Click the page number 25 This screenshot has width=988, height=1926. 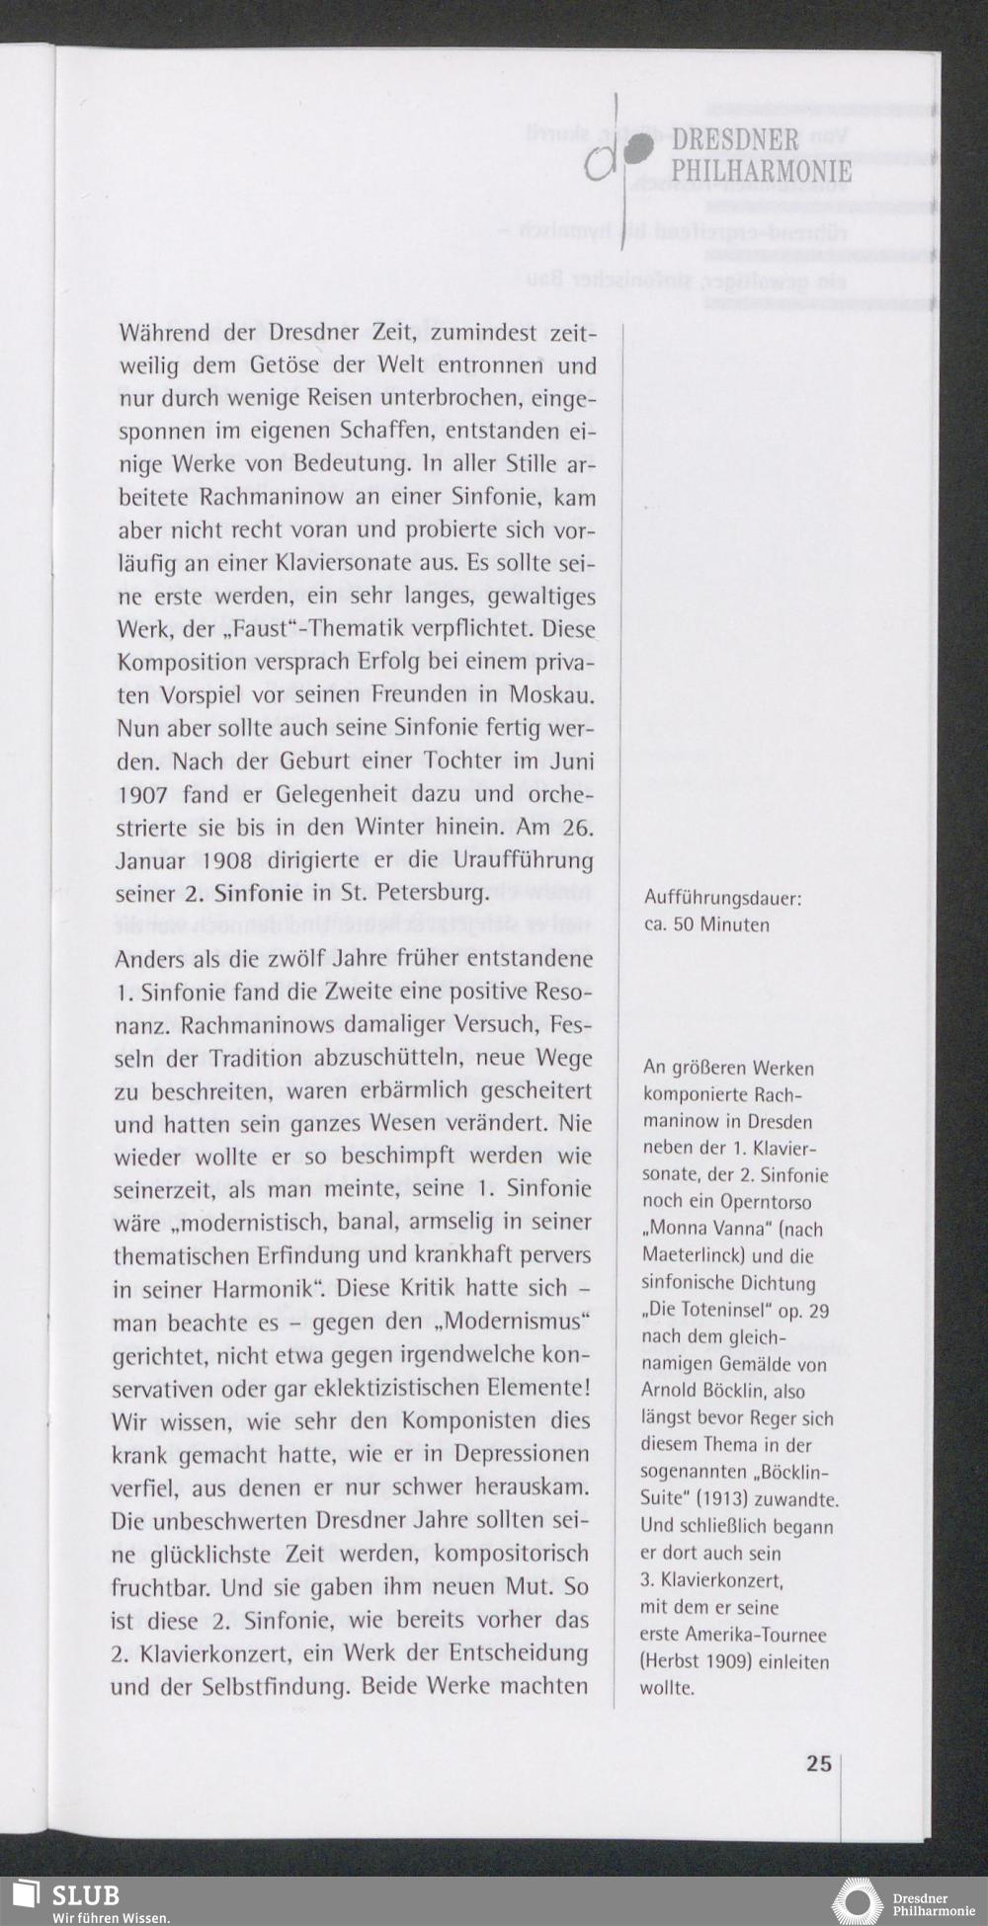pos(818,1763)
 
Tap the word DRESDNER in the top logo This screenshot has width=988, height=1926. pos(735,139)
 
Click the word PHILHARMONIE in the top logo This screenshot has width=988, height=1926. pos(761,170)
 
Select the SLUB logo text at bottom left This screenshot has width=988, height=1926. pos(85,1895)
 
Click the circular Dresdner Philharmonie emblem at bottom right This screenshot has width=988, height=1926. pos(857,1901)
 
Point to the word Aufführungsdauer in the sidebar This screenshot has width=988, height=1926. pos(721,899)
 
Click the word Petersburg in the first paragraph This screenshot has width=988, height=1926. pos(434,894)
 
